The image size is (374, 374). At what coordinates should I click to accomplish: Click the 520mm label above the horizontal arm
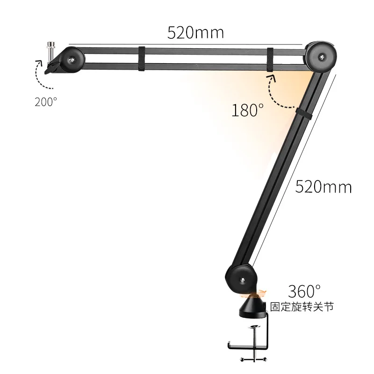(195, 32)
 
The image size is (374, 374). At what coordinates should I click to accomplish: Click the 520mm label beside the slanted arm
(323, 187)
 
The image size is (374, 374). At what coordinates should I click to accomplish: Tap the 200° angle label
(46, 101)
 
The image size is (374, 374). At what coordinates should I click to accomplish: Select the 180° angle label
(248, 110)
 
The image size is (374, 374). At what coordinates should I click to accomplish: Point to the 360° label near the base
(304, 291)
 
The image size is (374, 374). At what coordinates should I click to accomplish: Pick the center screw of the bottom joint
(242, 280)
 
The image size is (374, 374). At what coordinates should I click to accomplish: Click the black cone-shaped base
(254, 306)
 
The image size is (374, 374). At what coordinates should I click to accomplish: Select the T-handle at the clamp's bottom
(254, 359)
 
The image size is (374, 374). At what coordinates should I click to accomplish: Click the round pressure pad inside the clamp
(254, 326)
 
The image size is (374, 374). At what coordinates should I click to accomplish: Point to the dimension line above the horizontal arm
(187, 43)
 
